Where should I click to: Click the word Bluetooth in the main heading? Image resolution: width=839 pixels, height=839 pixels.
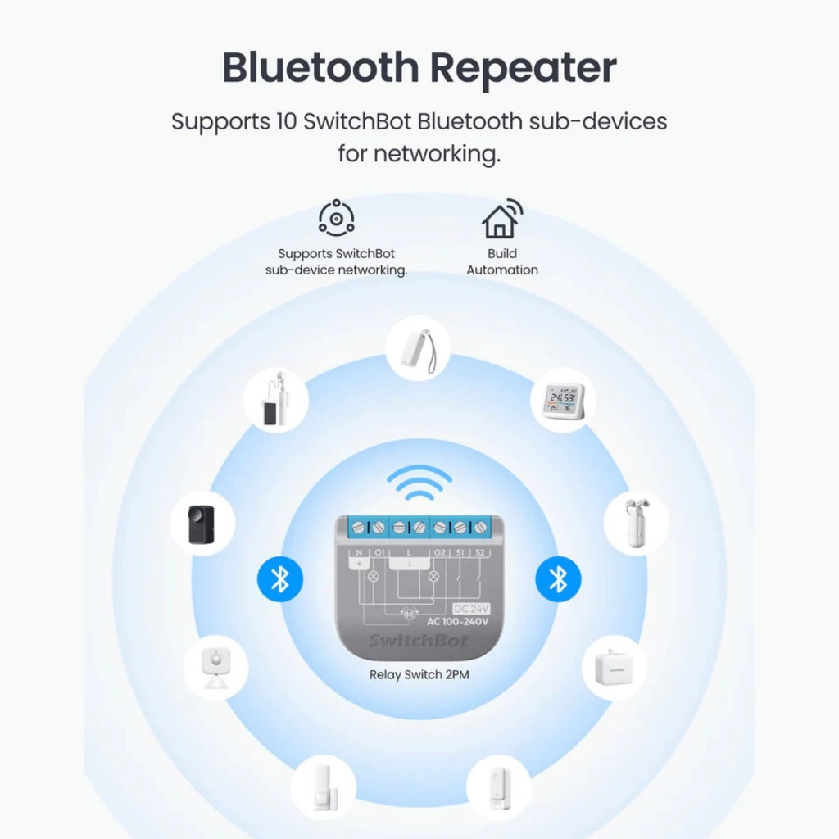[x=320, y=68]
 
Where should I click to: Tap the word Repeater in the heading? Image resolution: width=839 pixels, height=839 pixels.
[x=524, y=68]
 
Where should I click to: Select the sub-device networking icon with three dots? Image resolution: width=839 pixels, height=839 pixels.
[x=336, y=218]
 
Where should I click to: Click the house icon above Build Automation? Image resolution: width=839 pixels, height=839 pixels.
[x=501, y=218]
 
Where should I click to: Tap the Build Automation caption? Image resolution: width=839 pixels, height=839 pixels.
[x=502, y=261]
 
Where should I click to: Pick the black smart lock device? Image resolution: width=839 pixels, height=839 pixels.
[x=202, y=524]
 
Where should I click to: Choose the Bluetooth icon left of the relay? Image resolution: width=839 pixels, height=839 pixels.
[x=280, y=579]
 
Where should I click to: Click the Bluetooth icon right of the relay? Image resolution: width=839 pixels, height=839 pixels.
[x=558, y=579]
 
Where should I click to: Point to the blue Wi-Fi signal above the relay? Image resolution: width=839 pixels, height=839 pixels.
[x=419, y=483]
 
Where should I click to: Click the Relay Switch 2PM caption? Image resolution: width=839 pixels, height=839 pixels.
[x=419, y=675]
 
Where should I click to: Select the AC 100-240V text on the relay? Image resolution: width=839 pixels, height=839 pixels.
[x=458, y=621]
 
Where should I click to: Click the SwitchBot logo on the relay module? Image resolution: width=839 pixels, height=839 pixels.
[x=419, y=640]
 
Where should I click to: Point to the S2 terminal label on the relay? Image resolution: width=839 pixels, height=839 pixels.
[x=480, y=552]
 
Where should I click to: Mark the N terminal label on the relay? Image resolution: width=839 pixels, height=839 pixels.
[x=359, y=552]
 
